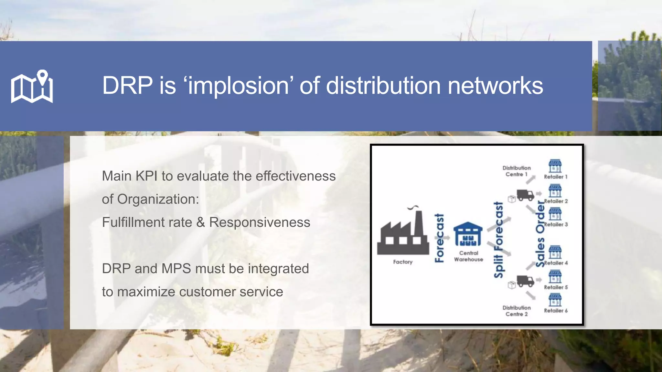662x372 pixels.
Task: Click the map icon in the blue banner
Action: coord(32,86)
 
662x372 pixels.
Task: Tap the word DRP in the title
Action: coord(127,86)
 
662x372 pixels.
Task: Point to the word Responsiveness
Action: coord(260,222)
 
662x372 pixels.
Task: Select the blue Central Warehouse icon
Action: coord(468,234)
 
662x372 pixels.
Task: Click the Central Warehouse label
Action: coord(468,256)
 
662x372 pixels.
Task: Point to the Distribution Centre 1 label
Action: coord(517,171)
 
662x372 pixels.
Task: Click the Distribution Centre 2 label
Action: coord(517,311)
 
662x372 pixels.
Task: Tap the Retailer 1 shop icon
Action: coord(555,166)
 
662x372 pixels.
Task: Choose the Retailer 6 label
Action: coord(556,311)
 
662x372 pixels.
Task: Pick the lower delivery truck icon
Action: coord(525,281)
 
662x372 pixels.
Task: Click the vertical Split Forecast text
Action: coord(499,240)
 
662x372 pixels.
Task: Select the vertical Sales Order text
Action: coord(540,234)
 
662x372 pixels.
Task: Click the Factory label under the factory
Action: coord(403,262)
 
